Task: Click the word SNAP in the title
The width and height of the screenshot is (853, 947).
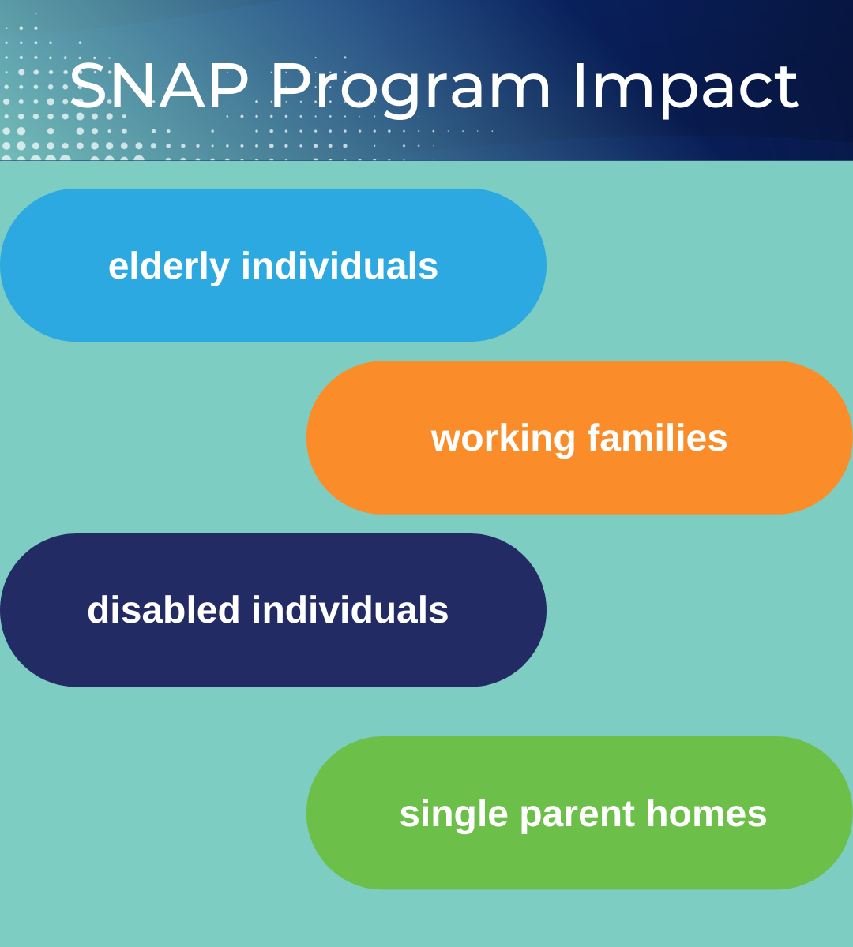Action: tap(159, 86)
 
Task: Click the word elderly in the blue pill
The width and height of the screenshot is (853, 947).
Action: tap(168, 266)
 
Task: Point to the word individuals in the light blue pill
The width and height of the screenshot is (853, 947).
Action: tap(340, 266)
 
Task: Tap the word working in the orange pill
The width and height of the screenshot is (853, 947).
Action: tap(503, 438)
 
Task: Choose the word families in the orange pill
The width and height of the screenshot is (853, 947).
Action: tap(657, 437)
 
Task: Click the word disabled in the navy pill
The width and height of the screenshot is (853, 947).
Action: tap(163, 610)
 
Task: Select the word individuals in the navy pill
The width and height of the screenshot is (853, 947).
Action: tap(350, 610)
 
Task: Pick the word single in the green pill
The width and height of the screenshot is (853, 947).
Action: tap(453, 814)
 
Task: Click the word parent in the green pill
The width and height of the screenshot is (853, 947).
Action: tap(577, 814)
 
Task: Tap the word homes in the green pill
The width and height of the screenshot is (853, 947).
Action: tap(706, 814)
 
